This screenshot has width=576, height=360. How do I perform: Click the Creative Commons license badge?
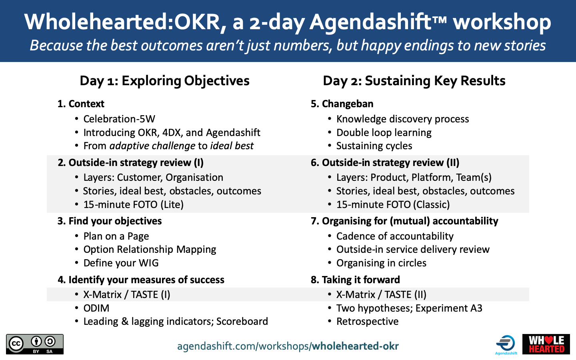35,344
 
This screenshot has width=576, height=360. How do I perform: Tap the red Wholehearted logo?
546,344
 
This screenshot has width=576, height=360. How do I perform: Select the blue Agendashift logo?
506,344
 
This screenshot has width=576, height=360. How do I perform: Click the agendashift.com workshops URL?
288,346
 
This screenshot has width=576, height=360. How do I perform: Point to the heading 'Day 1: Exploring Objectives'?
164,81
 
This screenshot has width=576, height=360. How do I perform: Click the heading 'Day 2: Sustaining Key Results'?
414,81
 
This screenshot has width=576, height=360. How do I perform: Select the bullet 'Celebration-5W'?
119,119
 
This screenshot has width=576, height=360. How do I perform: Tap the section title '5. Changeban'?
342,104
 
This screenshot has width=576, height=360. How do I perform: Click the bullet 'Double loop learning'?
384,133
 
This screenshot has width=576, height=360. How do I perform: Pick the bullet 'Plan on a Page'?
116,236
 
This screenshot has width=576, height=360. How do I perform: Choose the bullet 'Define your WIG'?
121,263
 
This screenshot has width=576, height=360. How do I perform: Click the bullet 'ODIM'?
96,308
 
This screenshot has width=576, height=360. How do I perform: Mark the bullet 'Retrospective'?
367,322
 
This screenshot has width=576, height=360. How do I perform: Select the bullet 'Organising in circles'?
381,263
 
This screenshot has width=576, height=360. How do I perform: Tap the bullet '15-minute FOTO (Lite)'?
133,205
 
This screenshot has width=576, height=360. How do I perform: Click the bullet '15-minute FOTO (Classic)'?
393,205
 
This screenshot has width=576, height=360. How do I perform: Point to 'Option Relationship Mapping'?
150,250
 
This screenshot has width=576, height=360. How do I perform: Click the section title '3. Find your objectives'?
110,221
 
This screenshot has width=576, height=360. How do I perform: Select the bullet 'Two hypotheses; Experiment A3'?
409,308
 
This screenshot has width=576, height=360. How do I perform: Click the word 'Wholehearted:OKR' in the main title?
122,22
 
